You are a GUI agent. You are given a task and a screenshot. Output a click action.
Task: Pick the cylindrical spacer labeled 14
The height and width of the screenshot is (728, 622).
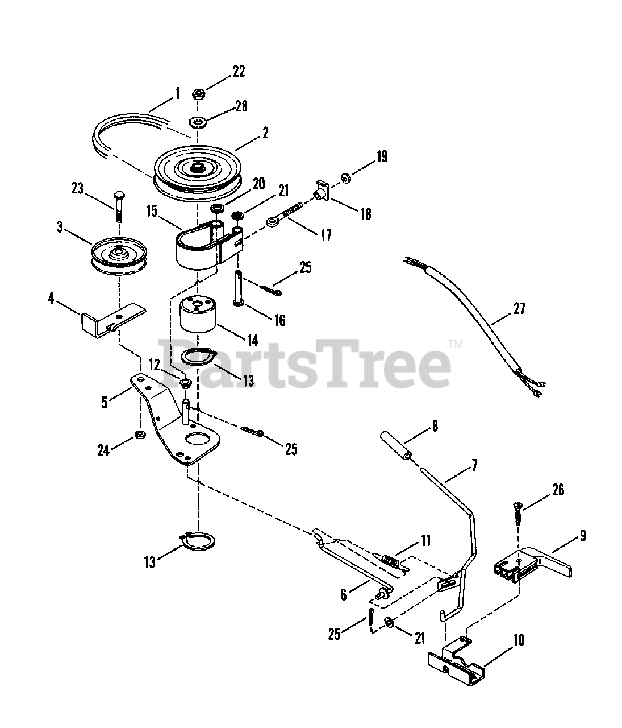198,316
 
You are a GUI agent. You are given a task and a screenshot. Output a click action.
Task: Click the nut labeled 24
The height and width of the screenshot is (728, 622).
139,435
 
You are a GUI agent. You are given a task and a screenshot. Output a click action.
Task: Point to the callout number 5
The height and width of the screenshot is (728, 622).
105,402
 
